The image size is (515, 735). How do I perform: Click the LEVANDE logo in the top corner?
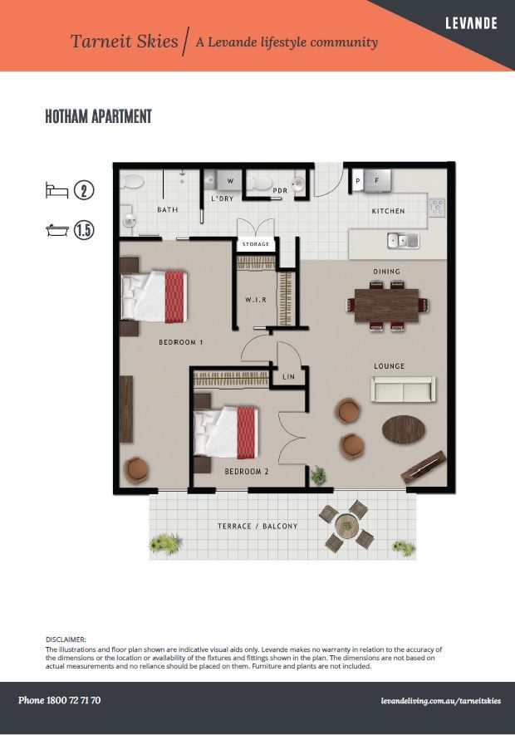click(x=471, y=23)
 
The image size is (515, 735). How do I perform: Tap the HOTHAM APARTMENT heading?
click(x=99, y=116)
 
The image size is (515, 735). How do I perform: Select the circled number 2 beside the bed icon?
click(x=84, y=191)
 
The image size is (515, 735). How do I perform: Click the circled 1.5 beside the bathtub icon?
click(x=84, y=230)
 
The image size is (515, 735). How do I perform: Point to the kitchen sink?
click(x=404, y=241)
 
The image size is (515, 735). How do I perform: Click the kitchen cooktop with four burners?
click(x=437, y=207)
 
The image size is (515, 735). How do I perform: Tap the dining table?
click(x=386, y=305)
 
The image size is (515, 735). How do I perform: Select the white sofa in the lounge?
click(x=403, y=389)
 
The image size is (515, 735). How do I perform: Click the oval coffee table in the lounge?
click(x=404, y=429)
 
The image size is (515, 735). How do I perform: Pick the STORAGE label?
click(x=256, y=243)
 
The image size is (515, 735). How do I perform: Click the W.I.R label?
click(x=256, y=299)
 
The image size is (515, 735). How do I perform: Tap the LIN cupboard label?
click(x=288, y=376)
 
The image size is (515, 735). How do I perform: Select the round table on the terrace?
click(x=346, y=523)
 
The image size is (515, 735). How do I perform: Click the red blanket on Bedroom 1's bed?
click(x=174, y=296)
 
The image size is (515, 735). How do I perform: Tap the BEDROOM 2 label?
click(x=247, y=472)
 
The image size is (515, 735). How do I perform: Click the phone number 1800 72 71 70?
click(x=73, y=700)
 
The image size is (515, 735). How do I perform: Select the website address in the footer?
click(x=441, y=701)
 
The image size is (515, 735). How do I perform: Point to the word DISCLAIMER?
click(x=66, y=639)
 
